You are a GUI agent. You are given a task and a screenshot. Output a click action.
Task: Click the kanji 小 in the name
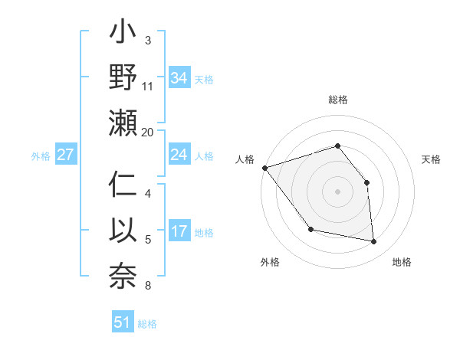pyautogui.click(x=123, y=35)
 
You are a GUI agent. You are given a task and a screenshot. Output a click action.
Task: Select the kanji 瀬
pyautogui.click(x=123, y=123)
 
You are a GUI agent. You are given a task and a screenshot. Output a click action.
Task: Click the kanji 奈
pyautogui.click(x=123, y=274)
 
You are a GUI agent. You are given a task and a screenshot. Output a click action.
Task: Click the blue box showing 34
pyautogui.click(x=179, y=77)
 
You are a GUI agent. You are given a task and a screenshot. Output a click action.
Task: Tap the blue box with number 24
pyautogui.click(x=179, y=155)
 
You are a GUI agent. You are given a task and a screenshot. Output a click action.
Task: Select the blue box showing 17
pyautogui.click(x=179, y=231)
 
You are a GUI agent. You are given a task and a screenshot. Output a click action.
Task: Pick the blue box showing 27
pyautogui.click(x=65, y=155)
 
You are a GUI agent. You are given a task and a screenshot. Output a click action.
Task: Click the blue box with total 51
pyautogui.click(x=122, y=322)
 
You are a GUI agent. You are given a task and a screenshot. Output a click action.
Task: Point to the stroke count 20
pyautogui.click(x=148, y=133)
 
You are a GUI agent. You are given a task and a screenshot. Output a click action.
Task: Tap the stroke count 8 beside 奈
pyautogui.click(x=148, y=286)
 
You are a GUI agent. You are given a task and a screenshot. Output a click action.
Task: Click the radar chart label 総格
pyautogui.click(x=337, y=100)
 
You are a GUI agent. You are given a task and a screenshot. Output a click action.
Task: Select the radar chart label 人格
pyautogui.click(x=245, y=159)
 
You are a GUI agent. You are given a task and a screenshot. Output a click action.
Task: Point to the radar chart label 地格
pyautogui.click(x=402, y=262)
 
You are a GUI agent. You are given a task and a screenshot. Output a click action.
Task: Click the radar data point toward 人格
pyautogui.click(x=264, y=168)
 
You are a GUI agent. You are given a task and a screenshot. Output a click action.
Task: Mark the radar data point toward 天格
pyautogui.click(x=366, y=182)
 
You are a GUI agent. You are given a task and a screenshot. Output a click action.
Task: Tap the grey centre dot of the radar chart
pyautogui.click(x=337, y=191)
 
